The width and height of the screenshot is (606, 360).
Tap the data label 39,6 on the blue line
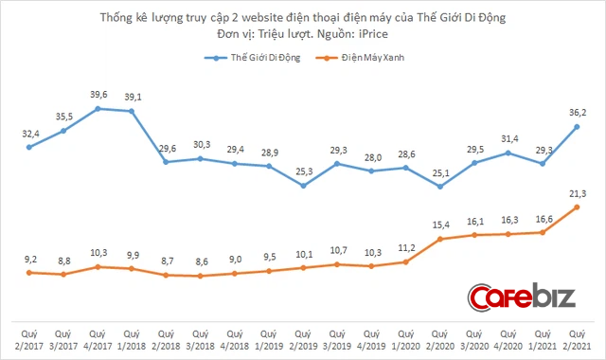tap(98, 95)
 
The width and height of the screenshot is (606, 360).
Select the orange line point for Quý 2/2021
tap(577, 207)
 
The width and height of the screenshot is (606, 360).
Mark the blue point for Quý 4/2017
tap(98, 109)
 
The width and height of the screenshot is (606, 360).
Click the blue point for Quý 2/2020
tap(439, 188)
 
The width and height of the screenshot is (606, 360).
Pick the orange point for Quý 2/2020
tap(439, 240)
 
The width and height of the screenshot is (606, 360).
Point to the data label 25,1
tap(439, 172)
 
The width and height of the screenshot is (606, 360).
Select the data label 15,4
tap(439, 225)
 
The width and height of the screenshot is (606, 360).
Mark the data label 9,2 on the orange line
tap(29, 259)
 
